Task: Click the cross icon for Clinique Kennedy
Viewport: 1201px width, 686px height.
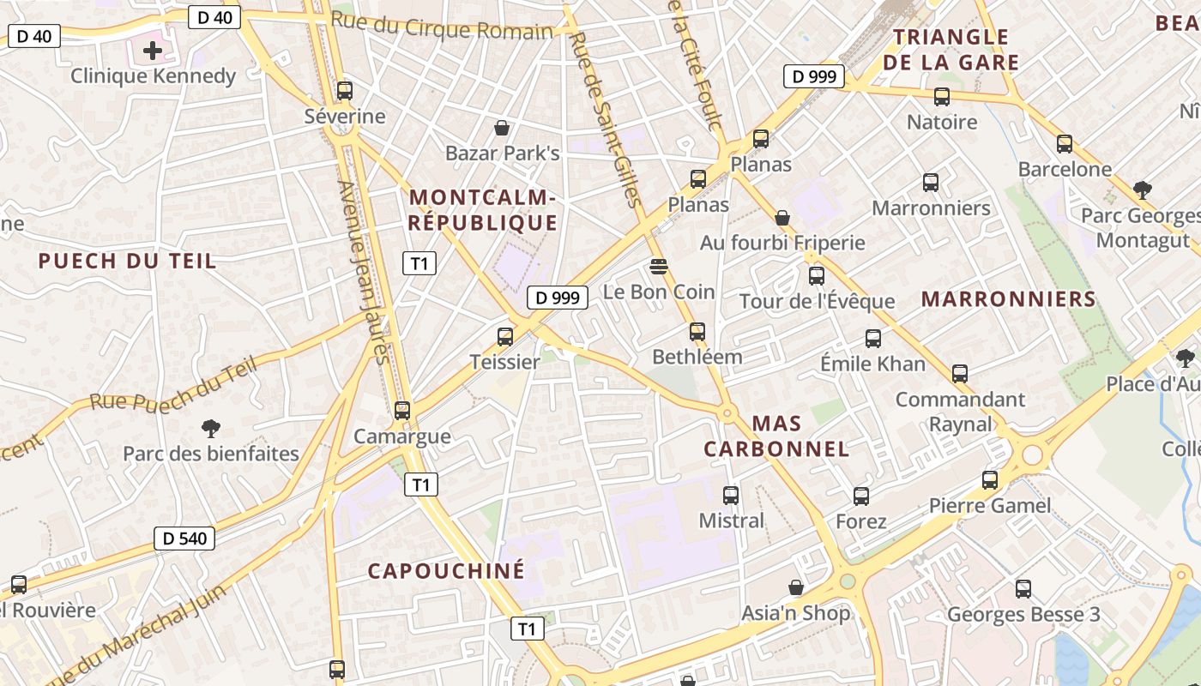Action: point(153,51)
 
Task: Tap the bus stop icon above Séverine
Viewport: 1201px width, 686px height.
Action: point(345,90)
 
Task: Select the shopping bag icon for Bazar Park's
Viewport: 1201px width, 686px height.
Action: point(502,128)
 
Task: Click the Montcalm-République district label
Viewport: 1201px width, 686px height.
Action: point(483,210)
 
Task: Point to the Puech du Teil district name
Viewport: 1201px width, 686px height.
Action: point(128,262)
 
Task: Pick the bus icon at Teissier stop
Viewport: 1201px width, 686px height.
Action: point(505,337)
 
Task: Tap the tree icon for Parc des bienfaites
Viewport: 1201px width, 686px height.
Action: point(210,428)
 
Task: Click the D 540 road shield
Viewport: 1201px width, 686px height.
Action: point(184,539)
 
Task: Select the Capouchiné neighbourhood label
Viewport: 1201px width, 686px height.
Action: point(446,571)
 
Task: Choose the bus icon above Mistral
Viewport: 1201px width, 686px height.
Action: point(731,495)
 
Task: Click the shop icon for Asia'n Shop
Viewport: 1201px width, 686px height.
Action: point(796,587)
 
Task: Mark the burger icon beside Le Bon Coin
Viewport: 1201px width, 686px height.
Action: point(659,267)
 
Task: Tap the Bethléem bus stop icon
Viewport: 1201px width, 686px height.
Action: point(697,331)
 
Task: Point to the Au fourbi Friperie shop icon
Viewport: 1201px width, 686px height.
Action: point(782,218)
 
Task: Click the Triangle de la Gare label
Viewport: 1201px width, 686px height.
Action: point(951,50)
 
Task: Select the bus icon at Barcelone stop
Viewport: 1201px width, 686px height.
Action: point(1065,144)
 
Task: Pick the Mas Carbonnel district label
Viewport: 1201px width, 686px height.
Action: point(776,436)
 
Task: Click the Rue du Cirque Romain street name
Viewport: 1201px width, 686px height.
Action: point(442,27)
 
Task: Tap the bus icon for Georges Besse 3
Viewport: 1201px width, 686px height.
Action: point(1023,589)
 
